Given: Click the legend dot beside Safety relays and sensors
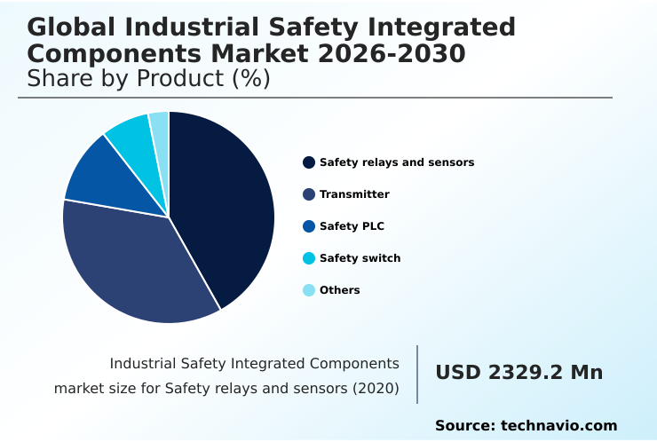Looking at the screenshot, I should (x=309, y=162).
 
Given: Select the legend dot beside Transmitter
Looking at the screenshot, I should (x=309, y=194).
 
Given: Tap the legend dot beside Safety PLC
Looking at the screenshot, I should (x=309, y=226).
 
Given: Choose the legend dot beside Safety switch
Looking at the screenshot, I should (x=309, y=258).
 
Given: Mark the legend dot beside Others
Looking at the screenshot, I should (x=309, y=290).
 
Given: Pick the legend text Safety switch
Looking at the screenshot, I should (x=360, y=258).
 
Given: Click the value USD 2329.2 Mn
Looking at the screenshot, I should (x=518, y=373).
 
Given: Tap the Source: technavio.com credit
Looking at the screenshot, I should (x=526, y=426).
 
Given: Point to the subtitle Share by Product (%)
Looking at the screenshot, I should (x=148, y=79).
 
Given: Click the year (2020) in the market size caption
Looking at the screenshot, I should (x=375, y=388).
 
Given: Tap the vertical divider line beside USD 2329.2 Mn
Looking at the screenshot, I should (x=417, y=374).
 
